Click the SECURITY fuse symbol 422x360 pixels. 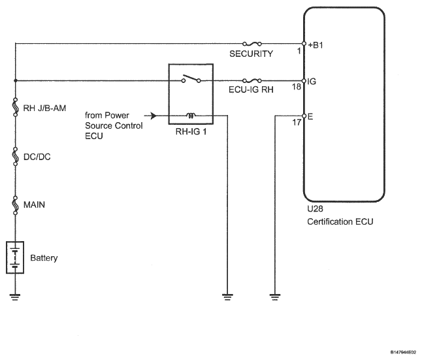tap(252, 44)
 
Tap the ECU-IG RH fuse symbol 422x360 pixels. tap(252, 80)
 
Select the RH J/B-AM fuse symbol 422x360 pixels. tap(16, 107)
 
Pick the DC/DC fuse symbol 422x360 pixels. tap(16, 156)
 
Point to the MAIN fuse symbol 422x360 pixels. tap(16, 205)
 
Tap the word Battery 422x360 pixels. tap(44, 257)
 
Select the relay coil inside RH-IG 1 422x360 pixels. tap(191, 116)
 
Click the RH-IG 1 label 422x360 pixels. tap(191, 132)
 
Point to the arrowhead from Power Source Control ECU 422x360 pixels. tap(154, 116)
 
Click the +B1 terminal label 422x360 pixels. tap(316, 45)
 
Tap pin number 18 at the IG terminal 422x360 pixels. tap(297, 87)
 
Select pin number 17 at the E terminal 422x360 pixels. tap(297, 123)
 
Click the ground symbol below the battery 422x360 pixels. tap(15, 297)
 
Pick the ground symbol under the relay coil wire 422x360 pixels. tap(227, 297)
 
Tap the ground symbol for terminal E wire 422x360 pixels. tap(275, 297)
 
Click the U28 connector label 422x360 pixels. tap(315, 208)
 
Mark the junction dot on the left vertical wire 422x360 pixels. tap(16, 80)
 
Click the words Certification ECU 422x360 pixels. tap(340, 221)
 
